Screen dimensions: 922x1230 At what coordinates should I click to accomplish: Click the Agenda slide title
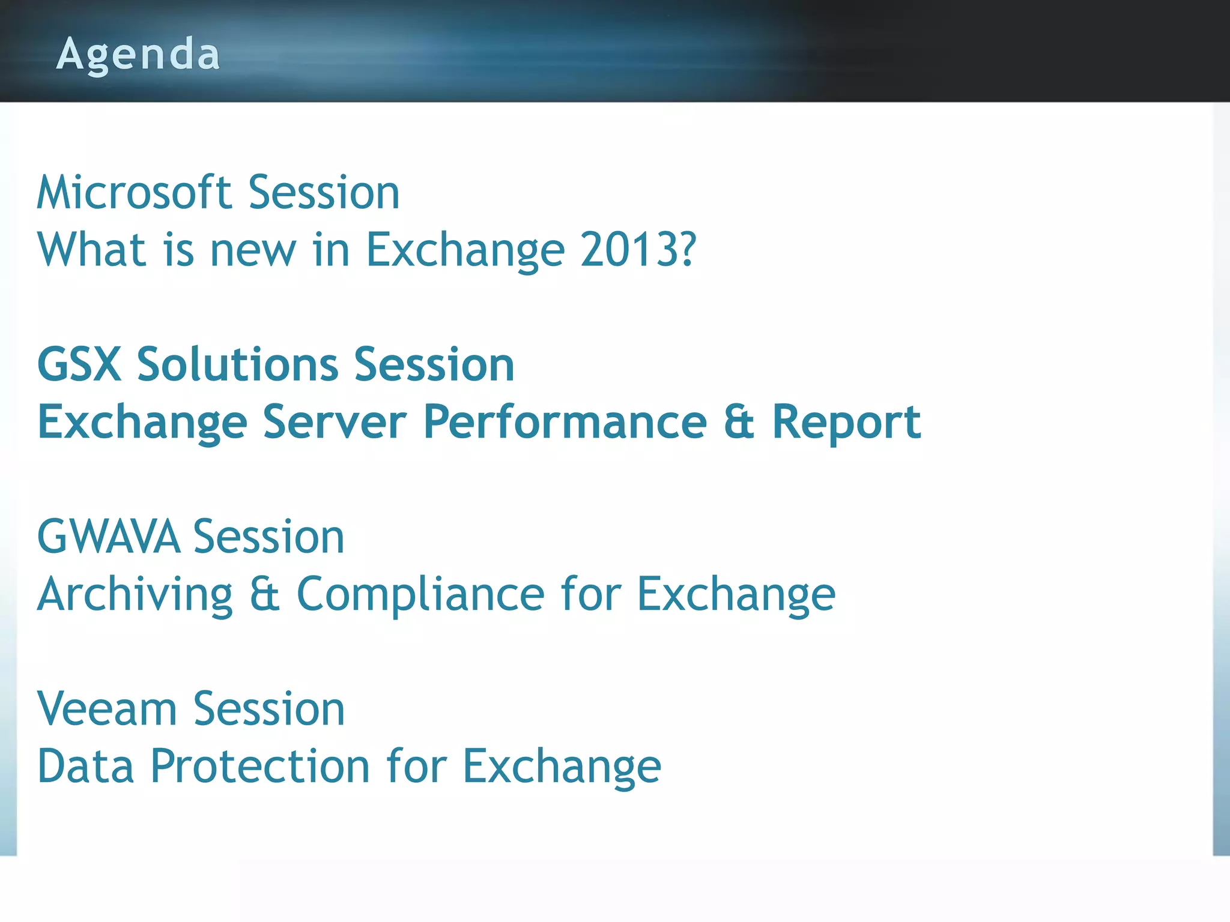[138, 54]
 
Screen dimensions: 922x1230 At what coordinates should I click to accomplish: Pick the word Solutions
[238, 365]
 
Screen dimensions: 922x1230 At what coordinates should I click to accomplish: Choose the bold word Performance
[565, 422]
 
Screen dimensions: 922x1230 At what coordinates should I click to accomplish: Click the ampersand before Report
[739, 422]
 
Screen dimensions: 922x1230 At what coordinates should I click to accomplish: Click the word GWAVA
[109, 537]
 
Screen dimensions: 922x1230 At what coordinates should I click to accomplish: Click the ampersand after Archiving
[265, 594]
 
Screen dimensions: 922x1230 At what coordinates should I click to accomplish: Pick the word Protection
[259, 767]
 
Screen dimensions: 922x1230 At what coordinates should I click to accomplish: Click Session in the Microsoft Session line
[324, 193]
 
